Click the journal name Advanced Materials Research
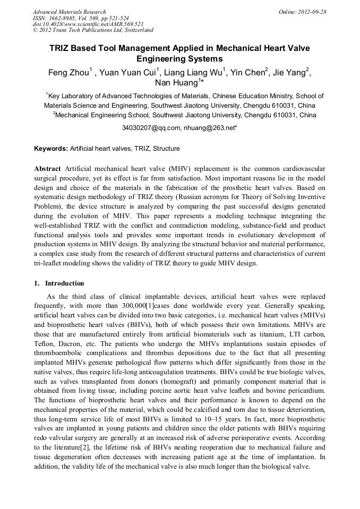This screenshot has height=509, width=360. tap(70, 12)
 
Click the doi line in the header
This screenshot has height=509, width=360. tap(88, 24)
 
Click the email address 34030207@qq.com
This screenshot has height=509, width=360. tap(151, 128)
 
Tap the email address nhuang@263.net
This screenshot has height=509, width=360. tap(210, 128)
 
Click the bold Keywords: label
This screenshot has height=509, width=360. tap(51, 149)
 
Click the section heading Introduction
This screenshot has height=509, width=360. tap(64, 283)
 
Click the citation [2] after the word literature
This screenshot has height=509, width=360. tap(96, 448)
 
